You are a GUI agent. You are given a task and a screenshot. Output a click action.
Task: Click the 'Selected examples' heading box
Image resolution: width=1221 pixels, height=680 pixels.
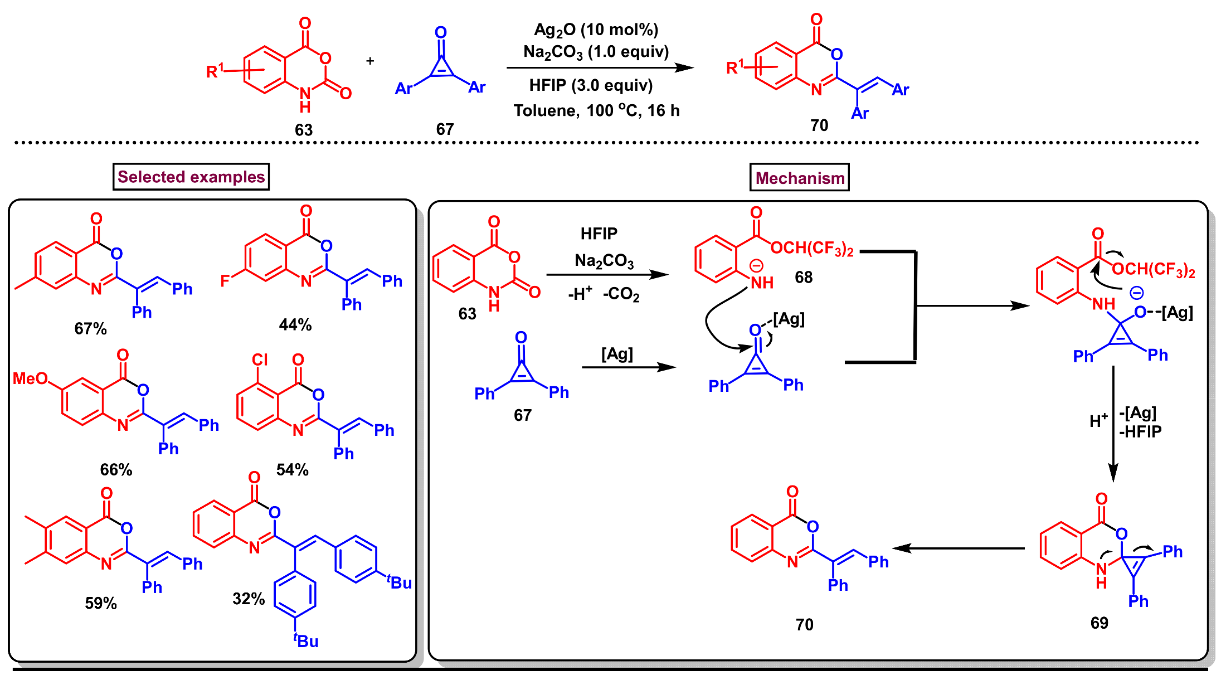click(191, 177)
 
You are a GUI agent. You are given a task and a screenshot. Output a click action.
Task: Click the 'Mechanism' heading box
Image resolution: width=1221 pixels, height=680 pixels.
click(799, 178)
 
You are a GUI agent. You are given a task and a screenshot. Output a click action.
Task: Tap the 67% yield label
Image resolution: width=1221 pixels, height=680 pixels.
click(90, 328)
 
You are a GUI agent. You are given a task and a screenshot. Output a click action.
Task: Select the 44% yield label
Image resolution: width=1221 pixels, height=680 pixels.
click(295, 324)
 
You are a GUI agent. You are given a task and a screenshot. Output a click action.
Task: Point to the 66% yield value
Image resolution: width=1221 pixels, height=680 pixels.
click(116, 469)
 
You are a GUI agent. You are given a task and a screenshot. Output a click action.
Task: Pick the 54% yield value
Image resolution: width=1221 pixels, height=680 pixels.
click(292, 469)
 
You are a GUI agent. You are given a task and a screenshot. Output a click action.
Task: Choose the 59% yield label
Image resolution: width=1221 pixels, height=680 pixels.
click(101, 603)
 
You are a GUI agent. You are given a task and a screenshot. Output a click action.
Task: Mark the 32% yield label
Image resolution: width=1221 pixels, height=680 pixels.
click(249, 599)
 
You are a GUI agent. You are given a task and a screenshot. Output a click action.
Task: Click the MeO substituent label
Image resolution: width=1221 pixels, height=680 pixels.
click(30, 378)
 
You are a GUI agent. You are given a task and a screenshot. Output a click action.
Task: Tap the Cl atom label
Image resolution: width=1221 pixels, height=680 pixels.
click(260, 360)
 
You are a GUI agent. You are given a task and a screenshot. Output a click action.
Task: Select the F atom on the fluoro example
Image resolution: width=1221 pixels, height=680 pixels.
click(225, 280)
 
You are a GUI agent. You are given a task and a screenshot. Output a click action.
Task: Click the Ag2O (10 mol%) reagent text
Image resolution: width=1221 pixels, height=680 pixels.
click(596, 30)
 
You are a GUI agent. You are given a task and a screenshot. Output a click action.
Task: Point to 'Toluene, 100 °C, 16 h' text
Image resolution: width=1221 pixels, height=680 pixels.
click(596, 110)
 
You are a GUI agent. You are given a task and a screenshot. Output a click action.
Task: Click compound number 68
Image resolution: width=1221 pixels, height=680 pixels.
click(803, 277)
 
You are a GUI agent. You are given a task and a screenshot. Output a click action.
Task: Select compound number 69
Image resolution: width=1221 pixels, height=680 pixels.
click(1099, 623)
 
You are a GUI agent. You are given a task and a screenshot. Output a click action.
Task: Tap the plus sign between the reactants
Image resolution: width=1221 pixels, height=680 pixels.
click(370, 61)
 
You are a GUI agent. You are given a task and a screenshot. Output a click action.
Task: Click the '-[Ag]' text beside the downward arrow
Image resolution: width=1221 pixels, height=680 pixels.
click(1137, 413)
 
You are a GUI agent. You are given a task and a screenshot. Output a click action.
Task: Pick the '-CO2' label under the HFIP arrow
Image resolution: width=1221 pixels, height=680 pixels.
click(621, 294)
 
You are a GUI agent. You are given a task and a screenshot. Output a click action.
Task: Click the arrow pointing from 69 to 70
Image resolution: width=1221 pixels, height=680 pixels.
click(959, 548)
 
